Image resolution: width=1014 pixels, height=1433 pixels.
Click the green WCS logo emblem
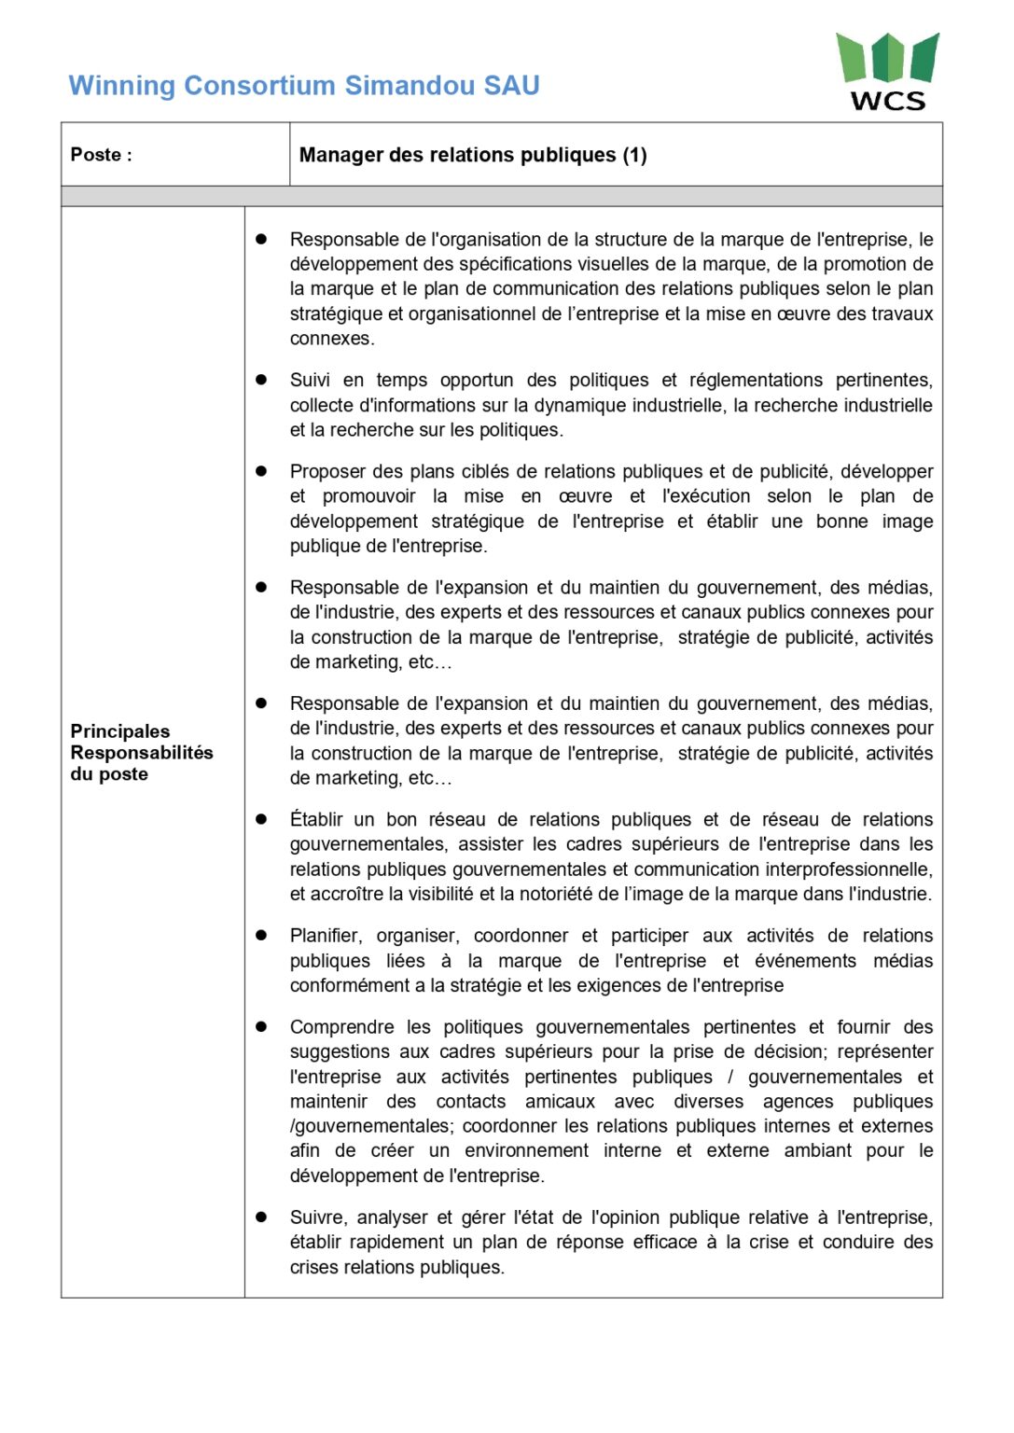click(x=887, y=58)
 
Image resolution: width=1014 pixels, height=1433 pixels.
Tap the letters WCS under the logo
click(x=888, y=101)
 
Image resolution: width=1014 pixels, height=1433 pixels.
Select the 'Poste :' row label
click(x=102, y=155)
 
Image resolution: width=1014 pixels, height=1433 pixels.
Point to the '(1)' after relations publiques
click(x=635, y=155)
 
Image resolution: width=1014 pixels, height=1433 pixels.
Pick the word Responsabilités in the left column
click(x=142, y=753)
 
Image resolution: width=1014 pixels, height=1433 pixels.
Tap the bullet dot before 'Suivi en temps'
click(x=262, y=380)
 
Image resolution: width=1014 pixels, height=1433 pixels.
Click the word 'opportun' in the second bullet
click(x=477, y=380)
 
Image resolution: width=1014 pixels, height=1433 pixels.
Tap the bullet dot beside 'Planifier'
click(x=262, y=935)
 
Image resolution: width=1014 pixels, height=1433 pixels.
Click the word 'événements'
click(x=805, y=961)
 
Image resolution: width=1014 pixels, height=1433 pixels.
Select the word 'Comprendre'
click(x=342, y=1027)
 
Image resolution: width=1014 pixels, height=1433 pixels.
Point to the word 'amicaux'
click(x=560, y=1102)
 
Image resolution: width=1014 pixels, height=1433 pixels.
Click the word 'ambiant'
click(x=818, y=1150)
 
